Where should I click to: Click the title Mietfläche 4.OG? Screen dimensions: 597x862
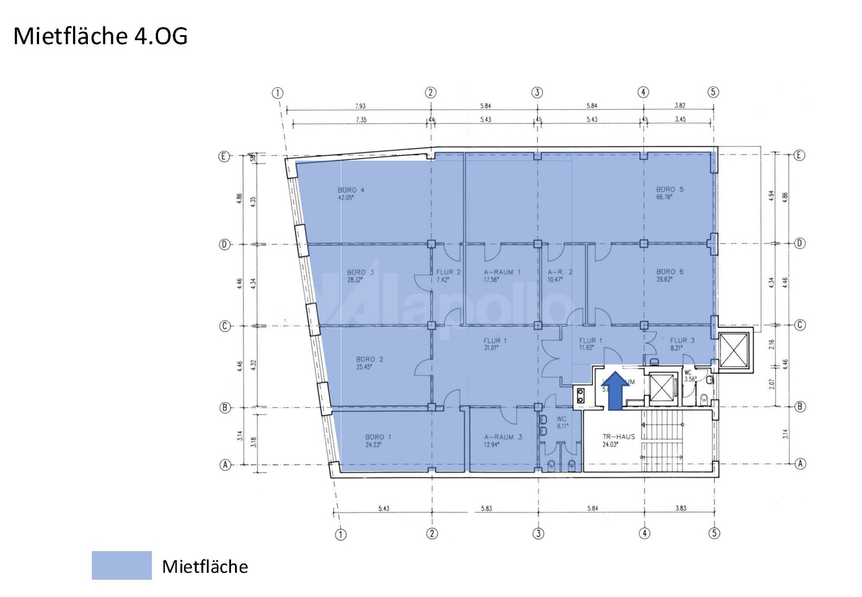click(x=101, y=36)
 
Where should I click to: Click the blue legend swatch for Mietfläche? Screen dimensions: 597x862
click(x=122, y=565)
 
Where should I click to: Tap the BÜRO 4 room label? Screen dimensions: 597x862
click(x=351, y=190)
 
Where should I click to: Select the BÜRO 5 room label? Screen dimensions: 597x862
click(x=670, y=190)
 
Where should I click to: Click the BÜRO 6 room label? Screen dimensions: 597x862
click(x=670, y=272)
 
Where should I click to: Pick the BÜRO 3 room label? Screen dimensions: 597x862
click(x=360, y=273)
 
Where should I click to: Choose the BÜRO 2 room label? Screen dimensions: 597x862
click(x=370, y=359)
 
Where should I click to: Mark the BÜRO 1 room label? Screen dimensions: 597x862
click(x=378, y=437)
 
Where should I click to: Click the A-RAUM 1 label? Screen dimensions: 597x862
click(x=502, y=273)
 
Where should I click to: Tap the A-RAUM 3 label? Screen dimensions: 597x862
click(x=503, y=437)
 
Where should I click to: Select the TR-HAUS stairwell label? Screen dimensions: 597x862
click(x=618, y=437)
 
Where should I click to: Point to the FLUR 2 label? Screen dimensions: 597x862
click(x=448, y=273)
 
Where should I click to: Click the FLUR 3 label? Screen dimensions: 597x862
click(x=682, y=340)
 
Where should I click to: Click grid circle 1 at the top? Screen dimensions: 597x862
click(x=278, y=93)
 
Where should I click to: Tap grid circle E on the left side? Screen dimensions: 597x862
click(x=224, y=156)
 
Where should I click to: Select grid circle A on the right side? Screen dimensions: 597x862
click(x=799, y=464)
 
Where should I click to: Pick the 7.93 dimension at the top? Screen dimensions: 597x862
click(x=360, y=106)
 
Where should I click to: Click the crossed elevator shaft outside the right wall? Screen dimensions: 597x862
click(x=734, y=350)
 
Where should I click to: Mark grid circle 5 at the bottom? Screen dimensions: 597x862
click(x=714, y=534)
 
